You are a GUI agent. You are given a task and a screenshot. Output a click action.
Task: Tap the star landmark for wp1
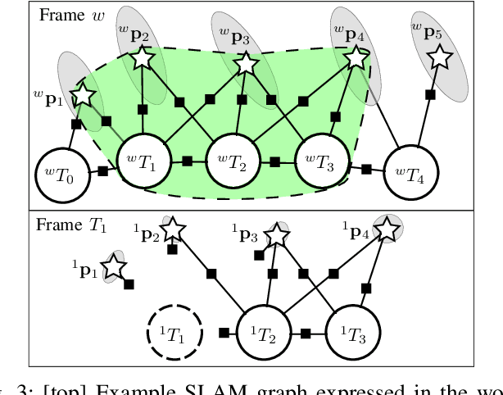click(83, 96)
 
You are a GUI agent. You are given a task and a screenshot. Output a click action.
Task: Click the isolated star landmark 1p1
click(112, 268)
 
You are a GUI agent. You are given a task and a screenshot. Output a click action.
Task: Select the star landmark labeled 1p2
click(171, 230)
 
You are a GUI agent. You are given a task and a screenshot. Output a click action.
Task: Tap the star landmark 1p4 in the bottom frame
click(383, 228)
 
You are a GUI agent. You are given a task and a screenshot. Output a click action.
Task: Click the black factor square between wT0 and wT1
click(102, 171)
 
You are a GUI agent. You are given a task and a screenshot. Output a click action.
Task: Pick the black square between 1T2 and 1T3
click(306, 334)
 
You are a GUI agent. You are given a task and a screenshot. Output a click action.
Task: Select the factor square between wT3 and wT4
click(366, 170)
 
